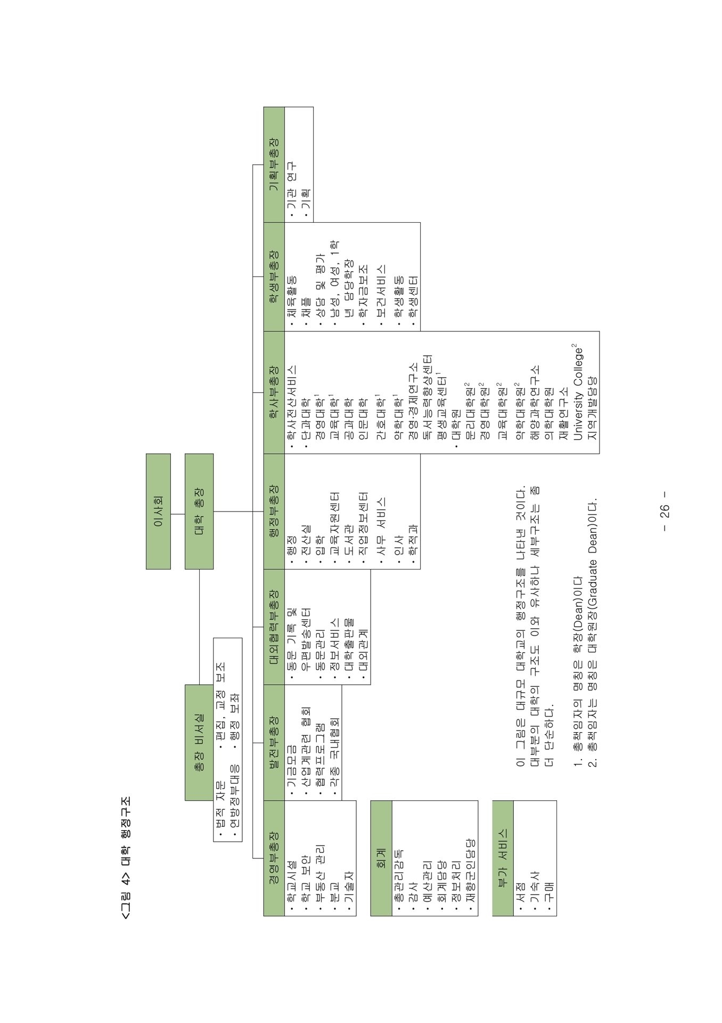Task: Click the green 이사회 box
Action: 158,511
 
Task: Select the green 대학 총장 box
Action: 199,511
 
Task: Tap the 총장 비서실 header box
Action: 199,743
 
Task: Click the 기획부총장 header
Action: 274,165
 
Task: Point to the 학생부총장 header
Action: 274,277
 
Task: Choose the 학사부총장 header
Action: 274,392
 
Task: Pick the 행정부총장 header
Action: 274,511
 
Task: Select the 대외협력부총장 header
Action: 274,627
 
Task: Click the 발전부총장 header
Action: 274,743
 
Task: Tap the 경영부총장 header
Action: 274,858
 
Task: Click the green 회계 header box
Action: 381,858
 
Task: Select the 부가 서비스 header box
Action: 503,858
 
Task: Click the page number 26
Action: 665,511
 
